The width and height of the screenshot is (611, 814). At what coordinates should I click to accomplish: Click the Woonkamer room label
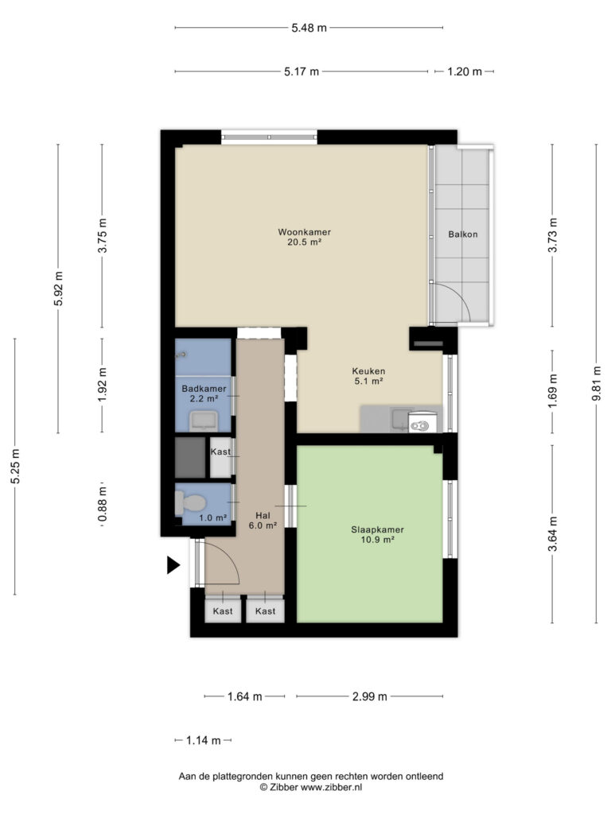[x=305, y=232]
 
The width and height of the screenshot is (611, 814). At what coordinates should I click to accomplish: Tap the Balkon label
[x=463, y=235]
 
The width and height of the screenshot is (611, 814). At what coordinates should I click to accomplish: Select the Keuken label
[x=368, y=371]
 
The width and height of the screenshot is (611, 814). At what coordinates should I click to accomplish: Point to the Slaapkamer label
[x=377, y=530]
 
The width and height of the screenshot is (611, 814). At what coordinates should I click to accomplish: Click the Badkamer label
[x=204, y=388]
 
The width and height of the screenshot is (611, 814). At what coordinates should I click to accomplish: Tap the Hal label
[x=263, y=515]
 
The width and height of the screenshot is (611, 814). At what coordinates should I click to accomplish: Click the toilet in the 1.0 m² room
[x=190, y=502]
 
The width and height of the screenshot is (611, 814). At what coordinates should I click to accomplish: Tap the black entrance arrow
[x=173, y=565]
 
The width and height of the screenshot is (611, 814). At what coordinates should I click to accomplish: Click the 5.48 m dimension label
[x=309, y=28]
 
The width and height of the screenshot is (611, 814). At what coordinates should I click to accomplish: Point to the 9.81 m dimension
[x=597, y=383]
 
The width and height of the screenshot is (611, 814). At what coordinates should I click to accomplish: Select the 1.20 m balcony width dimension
[x=465, y=72]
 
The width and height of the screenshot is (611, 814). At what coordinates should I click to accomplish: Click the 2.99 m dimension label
[x=369, y=696]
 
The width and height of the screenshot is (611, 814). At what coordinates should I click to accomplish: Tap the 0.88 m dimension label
[x=103, y=503]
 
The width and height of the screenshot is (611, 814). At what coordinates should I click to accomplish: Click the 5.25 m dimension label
[x=16, y=467]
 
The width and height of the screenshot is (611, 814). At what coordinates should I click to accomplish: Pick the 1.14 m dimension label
[x=203, y=741]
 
